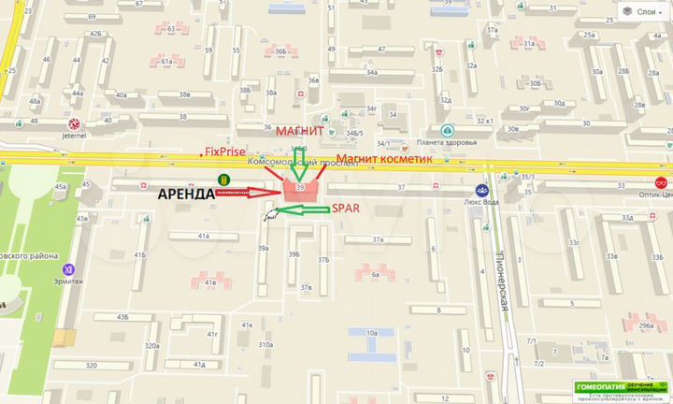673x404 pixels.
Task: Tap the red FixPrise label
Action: coord(224,151)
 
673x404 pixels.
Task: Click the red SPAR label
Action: coord(345,209)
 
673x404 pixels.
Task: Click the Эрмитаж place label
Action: coord(64,268)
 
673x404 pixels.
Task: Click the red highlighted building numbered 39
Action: coord(300,189)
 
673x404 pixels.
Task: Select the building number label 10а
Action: coord(371,333)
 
